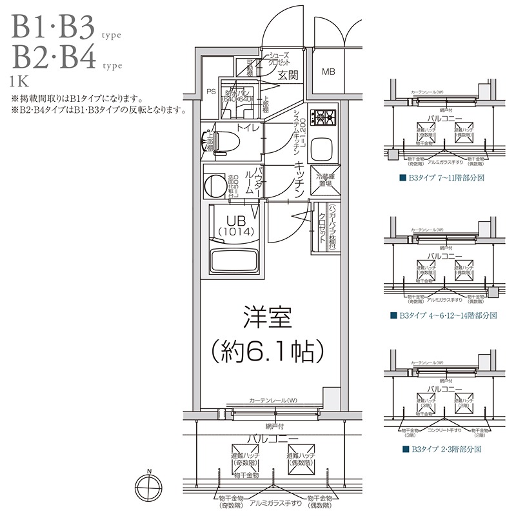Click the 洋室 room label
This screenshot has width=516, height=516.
click(267, 319)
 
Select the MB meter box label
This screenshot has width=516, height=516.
click(329, 71)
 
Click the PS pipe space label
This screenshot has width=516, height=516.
click(210, 92)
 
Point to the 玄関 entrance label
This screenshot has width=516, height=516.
click(288, 75)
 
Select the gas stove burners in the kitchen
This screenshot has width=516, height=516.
click(322, 117)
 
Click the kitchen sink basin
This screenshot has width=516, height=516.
click(322, 149)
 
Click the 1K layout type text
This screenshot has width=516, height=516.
click(19, 81)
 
